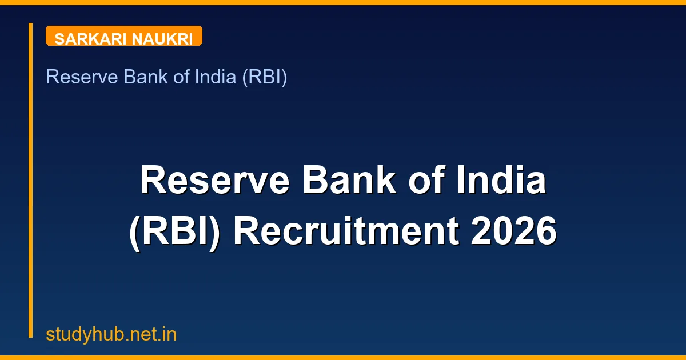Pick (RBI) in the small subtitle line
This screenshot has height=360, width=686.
[x=264, y=77]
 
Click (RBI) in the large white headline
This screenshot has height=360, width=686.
[x=175, y=232]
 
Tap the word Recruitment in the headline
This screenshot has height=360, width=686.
[x=346, y=232]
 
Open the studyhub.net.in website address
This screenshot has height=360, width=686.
[x=111, y=334]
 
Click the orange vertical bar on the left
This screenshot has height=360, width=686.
[x=31, y=180]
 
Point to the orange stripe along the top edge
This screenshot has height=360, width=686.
[x=343, y=2]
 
